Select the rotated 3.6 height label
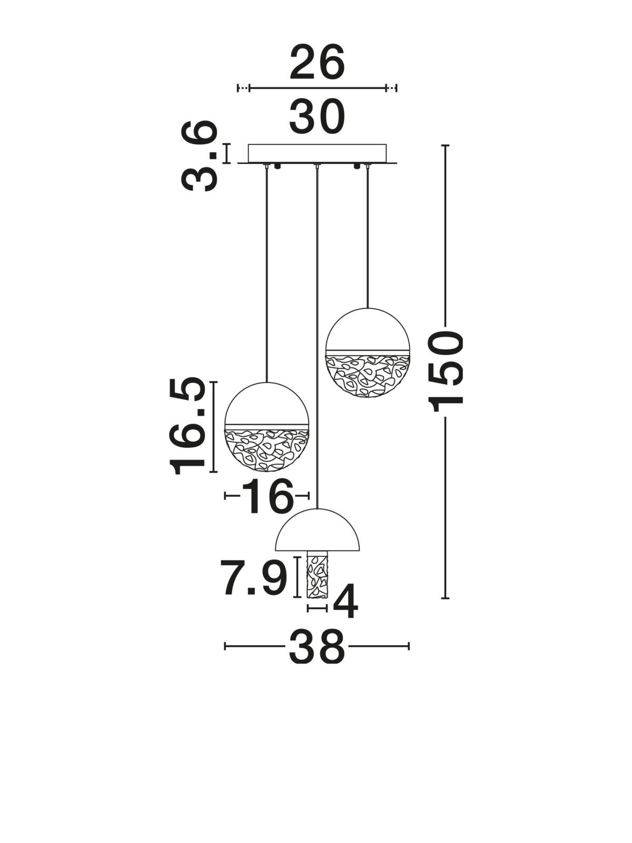point(199,156)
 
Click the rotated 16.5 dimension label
point(187,426)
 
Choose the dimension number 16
point(267,496)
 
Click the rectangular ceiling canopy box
point(318,154)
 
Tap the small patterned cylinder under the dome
point(318,574)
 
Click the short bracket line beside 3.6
point(227,154)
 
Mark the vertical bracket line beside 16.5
point(214,427)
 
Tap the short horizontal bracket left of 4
point(317,608)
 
